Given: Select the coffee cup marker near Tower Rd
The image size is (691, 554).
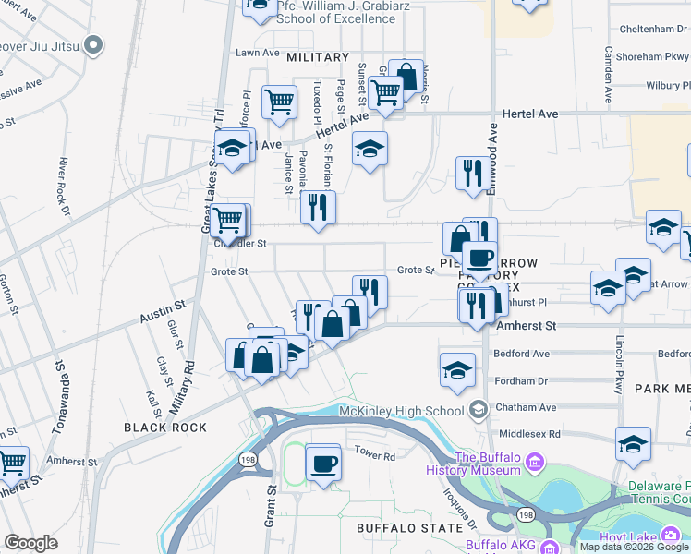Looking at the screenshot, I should click(323, 463).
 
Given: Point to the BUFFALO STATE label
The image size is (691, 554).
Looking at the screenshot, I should click(408, 527).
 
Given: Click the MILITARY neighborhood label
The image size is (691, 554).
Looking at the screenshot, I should click(318, 57).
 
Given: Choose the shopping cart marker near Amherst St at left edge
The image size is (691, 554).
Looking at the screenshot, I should click(12, 463).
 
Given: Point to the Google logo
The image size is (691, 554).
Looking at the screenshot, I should click(31, 543).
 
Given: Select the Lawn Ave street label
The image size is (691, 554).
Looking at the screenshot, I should click(257, 53).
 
